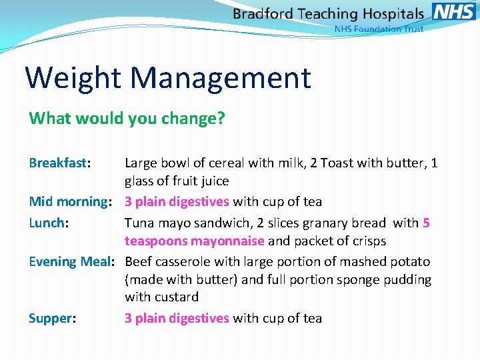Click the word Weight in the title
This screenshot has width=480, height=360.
(73, 77)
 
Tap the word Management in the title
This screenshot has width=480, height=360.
(221, 77)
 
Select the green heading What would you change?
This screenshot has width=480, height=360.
(127, 119)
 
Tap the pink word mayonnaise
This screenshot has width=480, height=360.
(228, 241)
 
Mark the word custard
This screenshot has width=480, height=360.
(176, 297)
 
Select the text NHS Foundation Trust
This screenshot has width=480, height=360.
(379, 29)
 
